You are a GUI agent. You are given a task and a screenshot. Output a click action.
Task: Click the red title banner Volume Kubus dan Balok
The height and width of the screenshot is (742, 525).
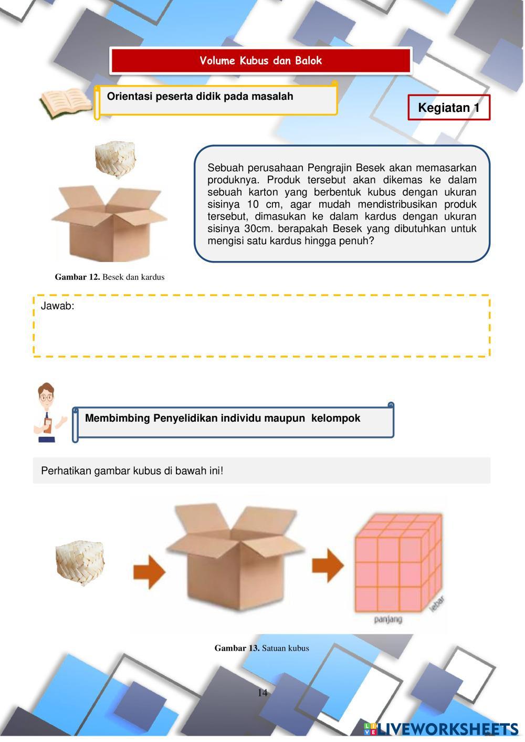[260, 60]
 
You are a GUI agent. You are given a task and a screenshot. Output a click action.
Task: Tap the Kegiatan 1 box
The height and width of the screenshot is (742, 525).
[448, 108]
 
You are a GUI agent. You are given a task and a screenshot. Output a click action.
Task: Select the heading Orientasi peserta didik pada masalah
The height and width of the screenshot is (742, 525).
[200, 97]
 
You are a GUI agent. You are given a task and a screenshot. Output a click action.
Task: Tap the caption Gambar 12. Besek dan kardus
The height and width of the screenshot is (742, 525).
[110, 277]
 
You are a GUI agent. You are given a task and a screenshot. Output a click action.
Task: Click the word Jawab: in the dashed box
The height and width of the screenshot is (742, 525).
[58, 306]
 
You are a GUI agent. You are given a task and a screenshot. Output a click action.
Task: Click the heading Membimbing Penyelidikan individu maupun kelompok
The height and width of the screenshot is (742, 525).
[223, 419]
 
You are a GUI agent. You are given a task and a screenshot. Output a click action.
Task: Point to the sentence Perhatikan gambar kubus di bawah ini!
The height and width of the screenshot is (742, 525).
[132, 471]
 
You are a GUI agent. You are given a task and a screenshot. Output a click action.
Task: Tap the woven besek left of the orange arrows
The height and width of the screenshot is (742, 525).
[80, 562]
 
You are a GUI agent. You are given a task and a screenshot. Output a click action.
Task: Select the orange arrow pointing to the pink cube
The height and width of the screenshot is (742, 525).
[328, 566]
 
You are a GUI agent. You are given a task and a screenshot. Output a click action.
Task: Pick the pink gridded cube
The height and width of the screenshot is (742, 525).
[397, 562]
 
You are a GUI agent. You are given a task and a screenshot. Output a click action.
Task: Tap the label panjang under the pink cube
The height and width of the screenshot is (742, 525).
[388, 620]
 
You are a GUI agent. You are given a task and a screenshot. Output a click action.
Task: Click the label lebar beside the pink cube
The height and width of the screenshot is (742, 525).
[437, 603]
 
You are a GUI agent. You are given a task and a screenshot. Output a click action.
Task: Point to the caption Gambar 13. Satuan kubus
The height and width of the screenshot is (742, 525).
[261, 648]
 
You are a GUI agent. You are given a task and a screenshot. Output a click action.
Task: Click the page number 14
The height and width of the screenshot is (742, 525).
[262, 693]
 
